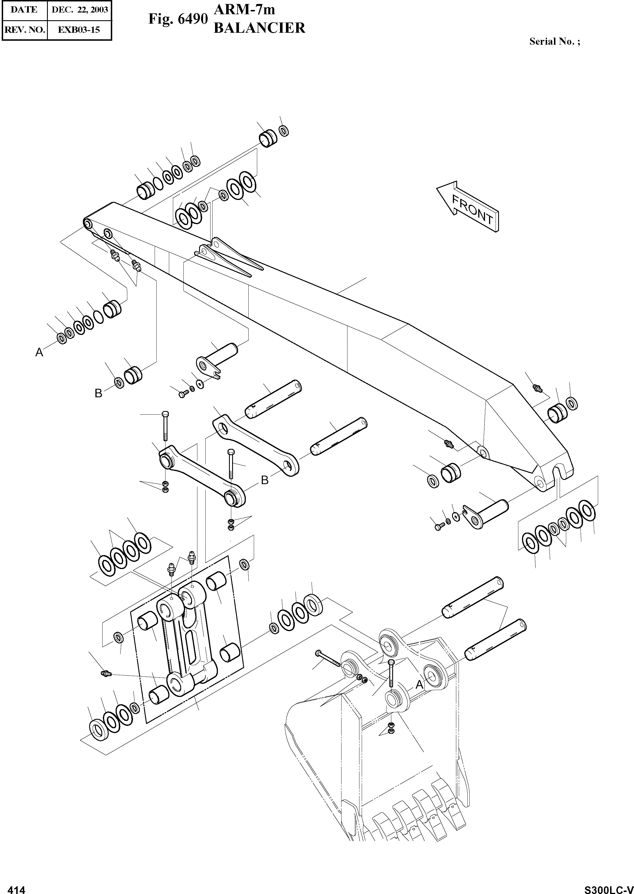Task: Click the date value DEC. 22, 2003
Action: [80, 10]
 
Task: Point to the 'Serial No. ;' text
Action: [554, 41]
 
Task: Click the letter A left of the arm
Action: [39, 353]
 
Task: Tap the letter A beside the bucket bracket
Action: [419, 684]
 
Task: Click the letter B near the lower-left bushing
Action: [98, 394]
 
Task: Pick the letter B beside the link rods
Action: [265, 480]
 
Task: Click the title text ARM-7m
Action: [245, 9]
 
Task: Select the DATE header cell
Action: [24, 10]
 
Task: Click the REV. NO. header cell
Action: [24, 29]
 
